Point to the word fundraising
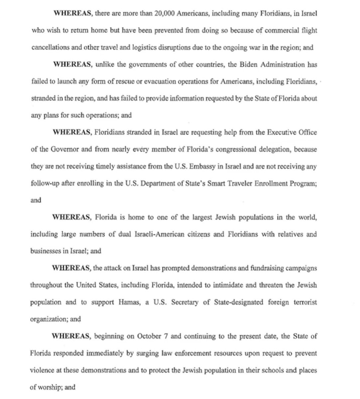tap(264, 268)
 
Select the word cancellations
tap(51, 48)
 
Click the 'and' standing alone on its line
tap(36, 200)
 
